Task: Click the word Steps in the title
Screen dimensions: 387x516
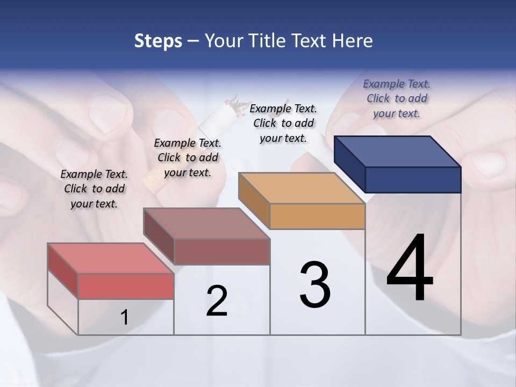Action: point(158,41)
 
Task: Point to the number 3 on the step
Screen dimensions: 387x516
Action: point(315,285)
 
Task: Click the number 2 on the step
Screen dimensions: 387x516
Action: point(217,301)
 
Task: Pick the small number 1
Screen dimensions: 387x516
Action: point(124,318)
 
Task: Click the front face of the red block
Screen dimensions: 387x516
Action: point(126,286)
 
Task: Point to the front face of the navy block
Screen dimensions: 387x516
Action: point(413,180)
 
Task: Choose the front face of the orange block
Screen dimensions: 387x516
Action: point(317,216)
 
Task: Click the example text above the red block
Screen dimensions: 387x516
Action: point(94,189)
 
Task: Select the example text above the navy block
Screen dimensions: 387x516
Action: point(397,98)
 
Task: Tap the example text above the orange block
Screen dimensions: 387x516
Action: point(283,123)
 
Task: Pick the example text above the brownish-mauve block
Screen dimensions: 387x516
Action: point(188,157)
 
